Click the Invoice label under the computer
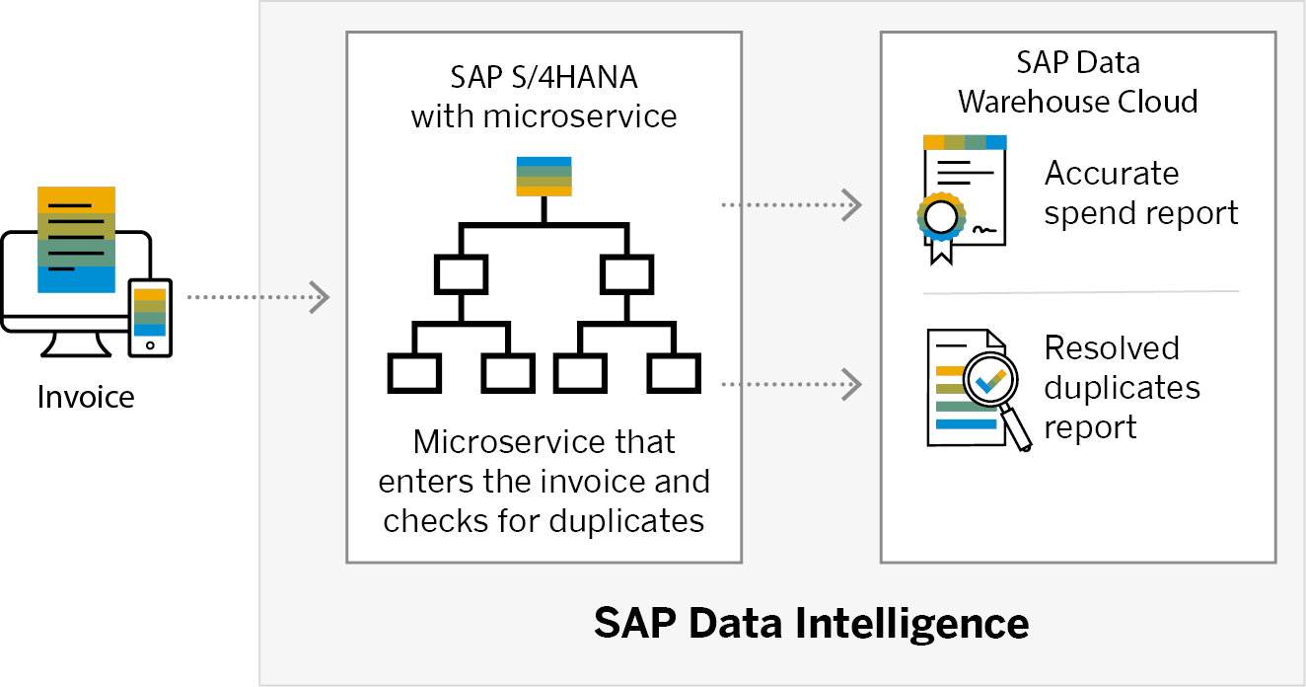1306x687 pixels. pyautogui.click(x=86, y=397)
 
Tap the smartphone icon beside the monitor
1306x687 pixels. pyautogui.click(x=150, y=317)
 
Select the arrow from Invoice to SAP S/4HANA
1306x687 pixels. pyautogui.click(x=258, y=296)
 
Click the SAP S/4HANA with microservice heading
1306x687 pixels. pyautogui.click(x=544, y=96)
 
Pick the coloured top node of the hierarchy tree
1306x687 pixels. pyautogui.click(x=544, y=176)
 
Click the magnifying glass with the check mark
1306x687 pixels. pyautogui.click(x=993, y=387)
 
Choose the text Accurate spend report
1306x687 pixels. pyautogui.click(x=1140, y=192)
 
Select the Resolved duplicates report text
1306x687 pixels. pyautogui.click(x=1122, y=387)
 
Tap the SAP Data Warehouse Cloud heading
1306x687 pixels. pyautogui.click(x=1078, y=81)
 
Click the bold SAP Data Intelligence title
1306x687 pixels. pyautogui.click(x=811, y=623)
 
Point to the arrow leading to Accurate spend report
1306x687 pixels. pyautogui.click(x=792, y=204)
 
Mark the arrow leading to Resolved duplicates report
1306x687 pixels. pyautogui.click(x=792, y=383)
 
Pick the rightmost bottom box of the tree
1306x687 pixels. pyautogui.click(x=674, y=374)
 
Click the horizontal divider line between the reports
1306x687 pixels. pyautogui.click(x=1079, y=291)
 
